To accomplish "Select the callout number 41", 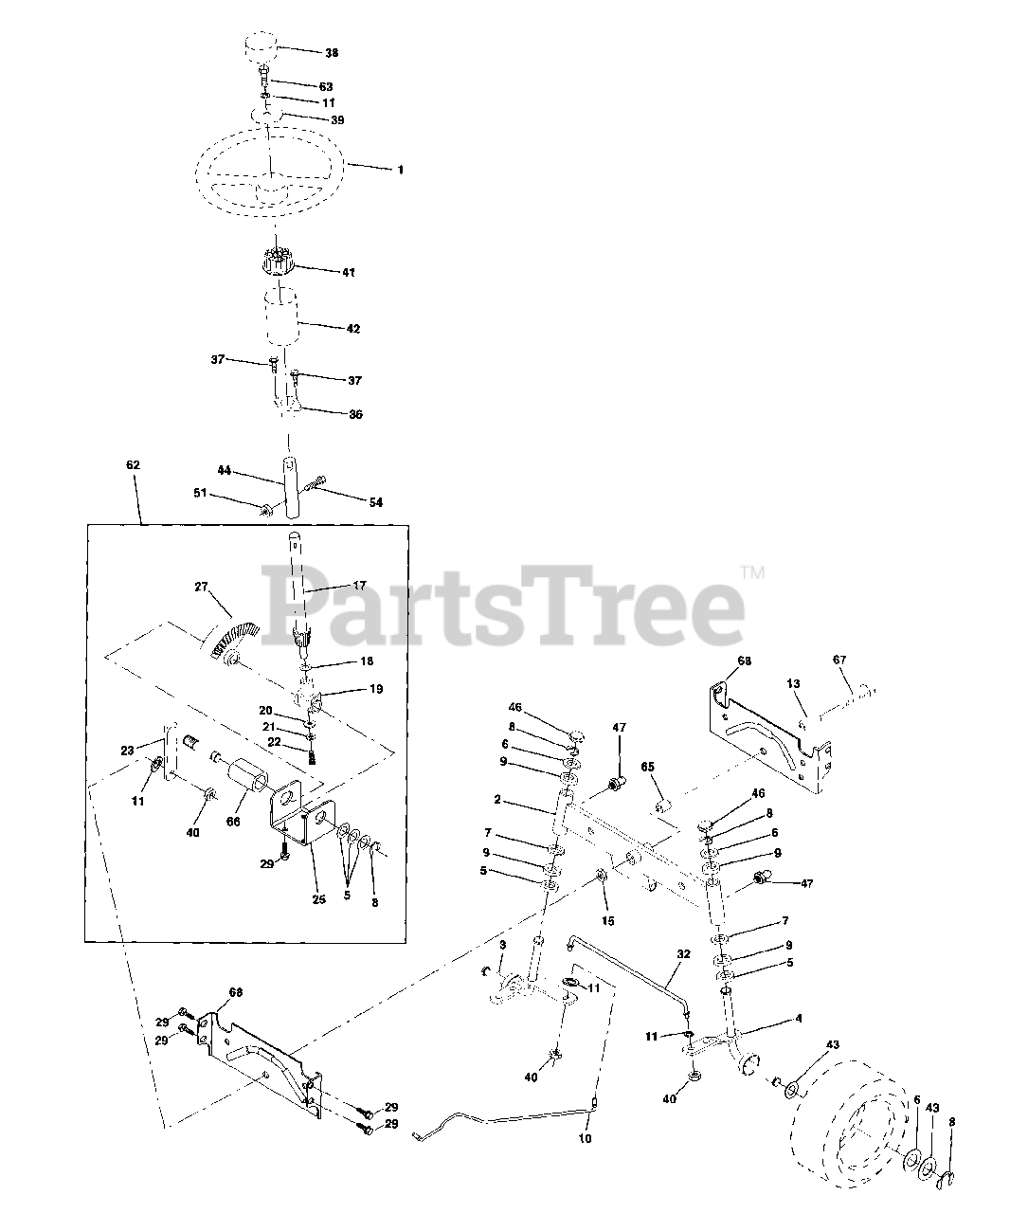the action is [349, 272].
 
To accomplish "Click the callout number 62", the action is [133, 465].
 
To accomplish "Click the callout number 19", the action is [376, 689].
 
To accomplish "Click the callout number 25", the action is [319, 899].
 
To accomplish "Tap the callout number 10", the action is [585, 1138].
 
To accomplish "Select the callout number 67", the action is [839, 660].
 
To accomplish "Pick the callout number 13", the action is [793, 682].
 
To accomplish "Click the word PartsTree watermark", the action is [502, 605].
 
